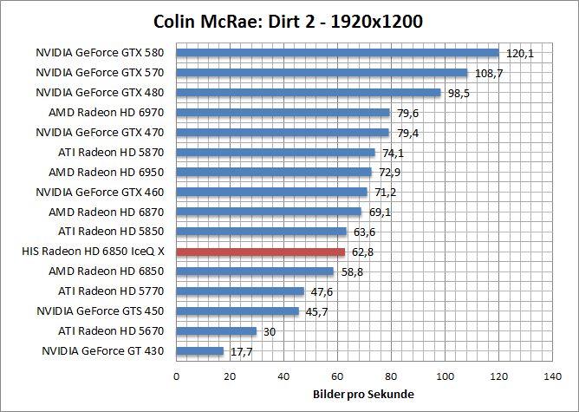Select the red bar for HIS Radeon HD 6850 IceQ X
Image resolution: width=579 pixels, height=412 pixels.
(260, 252)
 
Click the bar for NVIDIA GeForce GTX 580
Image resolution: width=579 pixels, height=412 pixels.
(337, 52)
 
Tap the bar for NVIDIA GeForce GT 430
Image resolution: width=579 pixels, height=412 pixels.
(200, 350)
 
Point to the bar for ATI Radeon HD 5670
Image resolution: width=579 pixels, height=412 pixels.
(217, 330)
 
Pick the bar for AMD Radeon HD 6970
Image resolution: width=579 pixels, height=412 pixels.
(283, 112)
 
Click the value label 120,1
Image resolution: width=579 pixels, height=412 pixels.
(518, 53)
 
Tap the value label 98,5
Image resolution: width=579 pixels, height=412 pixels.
(459, 93)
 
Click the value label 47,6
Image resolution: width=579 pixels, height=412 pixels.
(322, 291)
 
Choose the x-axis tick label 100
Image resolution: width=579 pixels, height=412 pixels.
(445, 376)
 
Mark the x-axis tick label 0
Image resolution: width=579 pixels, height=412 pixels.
(176, 376)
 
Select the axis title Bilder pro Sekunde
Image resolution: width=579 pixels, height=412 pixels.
(363, 395)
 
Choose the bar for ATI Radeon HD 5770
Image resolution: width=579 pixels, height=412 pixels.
(240, 291)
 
